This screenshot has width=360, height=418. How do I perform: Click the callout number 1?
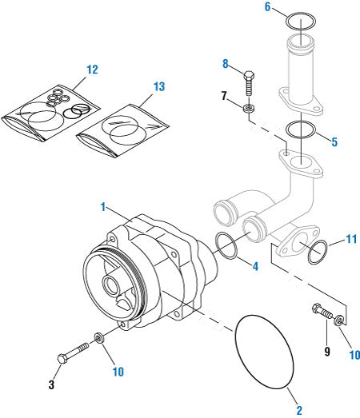[x=103, y=206]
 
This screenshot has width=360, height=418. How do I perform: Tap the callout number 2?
[x=299, y=410]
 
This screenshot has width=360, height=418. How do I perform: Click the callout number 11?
[x=350, y=238]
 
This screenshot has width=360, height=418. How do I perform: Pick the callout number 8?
[x=226, y=63]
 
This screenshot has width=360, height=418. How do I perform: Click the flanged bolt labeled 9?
[x=323, y=316]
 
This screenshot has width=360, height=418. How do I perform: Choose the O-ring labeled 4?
[x=227, y=247]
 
